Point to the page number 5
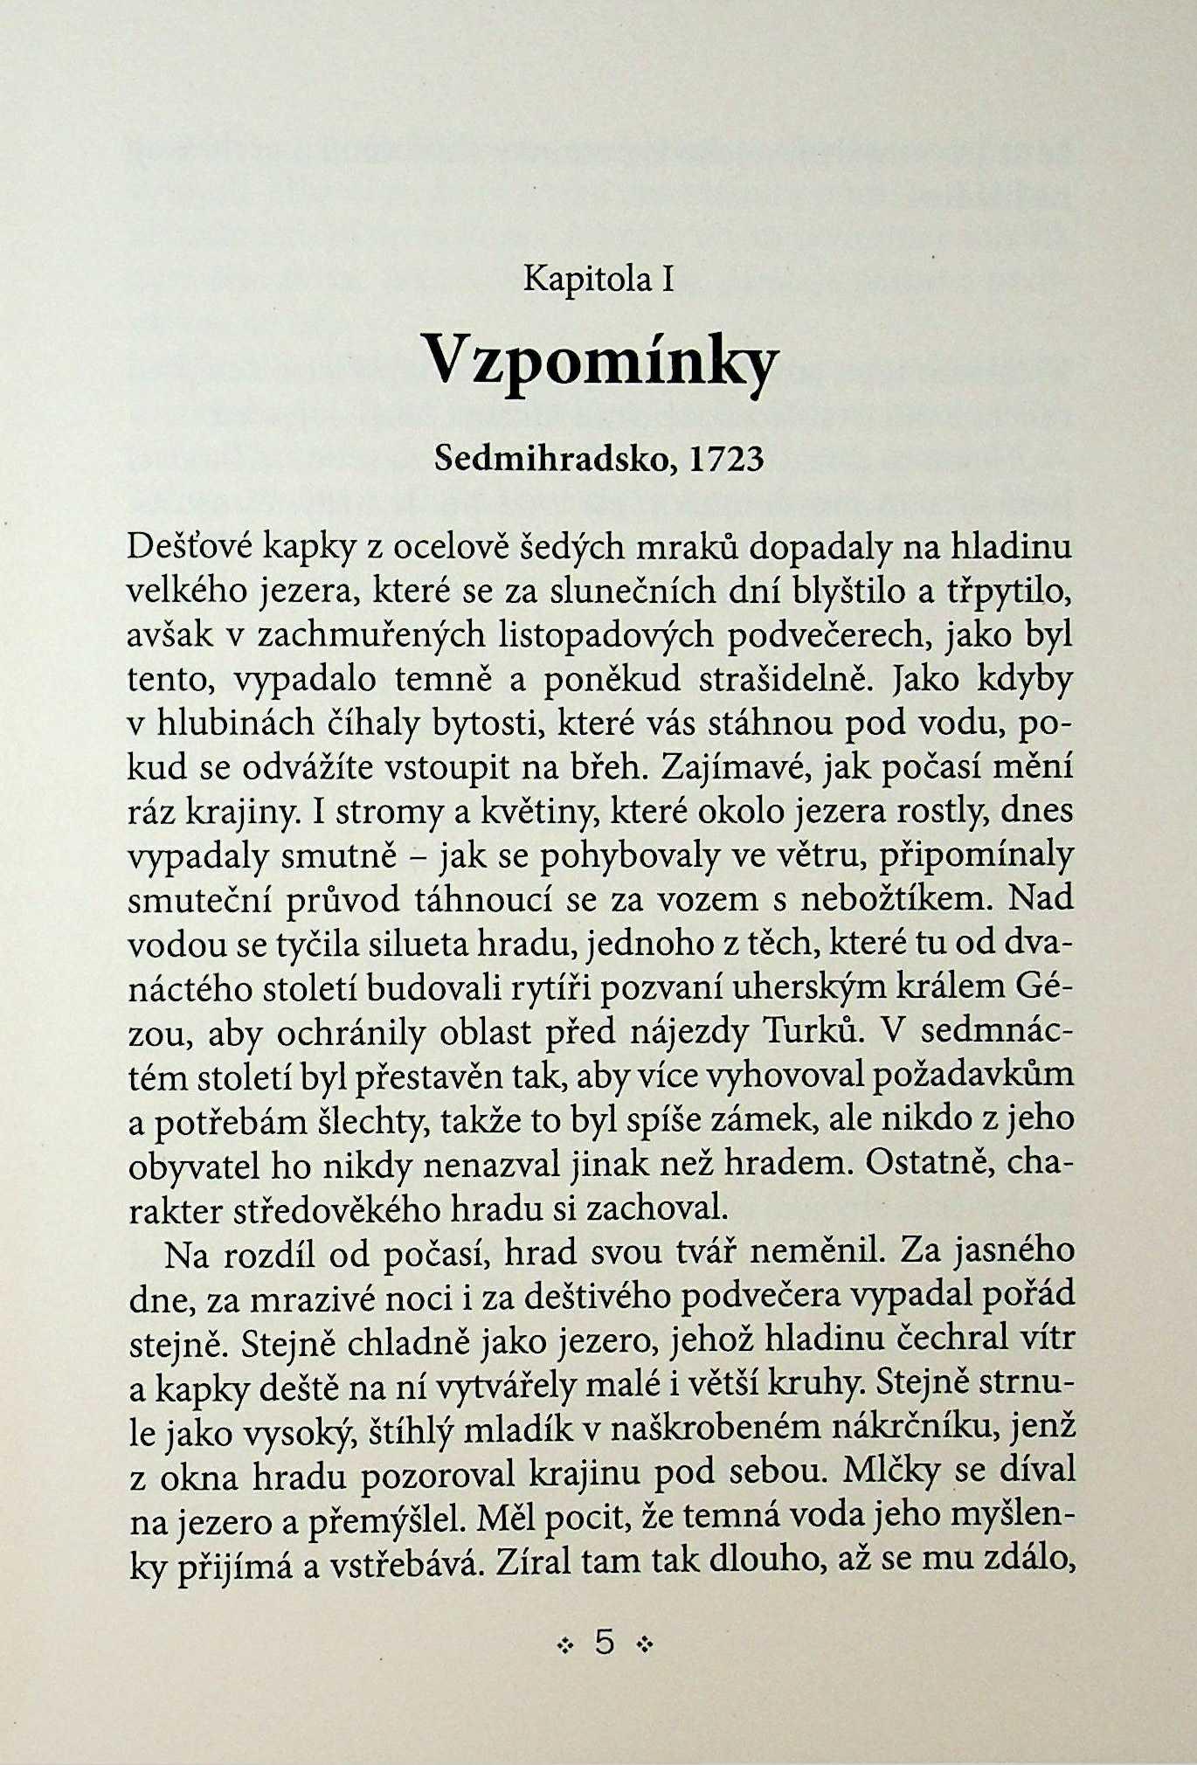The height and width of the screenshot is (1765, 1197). coord(604,1642)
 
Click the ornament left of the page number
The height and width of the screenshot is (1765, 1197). coord(564,1644)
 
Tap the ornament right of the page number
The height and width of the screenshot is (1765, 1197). coord(645,1644)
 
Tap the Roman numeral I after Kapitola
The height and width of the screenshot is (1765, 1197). coord(667,279)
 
